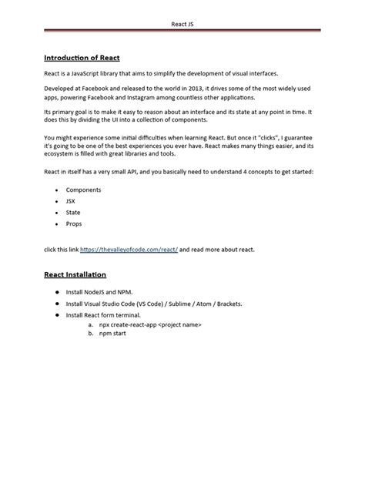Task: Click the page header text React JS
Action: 183,23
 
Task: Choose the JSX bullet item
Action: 70,200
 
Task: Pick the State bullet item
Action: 72,212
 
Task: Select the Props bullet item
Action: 73,223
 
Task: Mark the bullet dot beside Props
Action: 57,223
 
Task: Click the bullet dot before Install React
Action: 56,315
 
